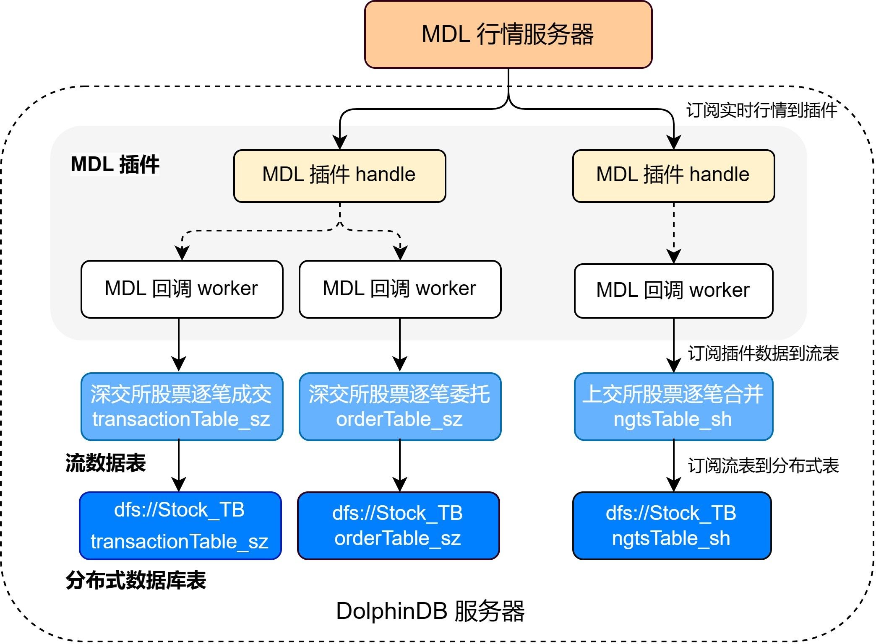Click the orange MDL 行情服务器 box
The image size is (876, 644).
click(508, 34)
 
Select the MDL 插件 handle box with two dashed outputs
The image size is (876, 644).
click(339, 176)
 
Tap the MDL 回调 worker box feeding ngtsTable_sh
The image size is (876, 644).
click(673, 291)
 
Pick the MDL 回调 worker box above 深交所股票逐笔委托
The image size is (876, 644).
click(400, 289)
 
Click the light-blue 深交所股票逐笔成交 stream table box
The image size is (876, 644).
click(182, 406)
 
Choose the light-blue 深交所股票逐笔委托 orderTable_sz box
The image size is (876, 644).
click(400, 406)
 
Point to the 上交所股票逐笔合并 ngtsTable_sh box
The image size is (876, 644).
click(673, 406)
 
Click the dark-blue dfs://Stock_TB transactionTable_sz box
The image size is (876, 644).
click(180, 525)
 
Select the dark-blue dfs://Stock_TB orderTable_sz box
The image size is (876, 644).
click(398, 525)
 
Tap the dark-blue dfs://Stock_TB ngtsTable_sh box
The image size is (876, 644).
click(672, 525)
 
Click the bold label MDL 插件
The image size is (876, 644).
click(115, 164)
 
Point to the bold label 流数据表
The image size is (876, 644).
click(105, 463)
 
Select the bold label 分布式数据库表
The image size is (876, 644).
click(136, 581)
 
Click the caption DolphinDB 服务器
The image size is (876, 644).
click(430, 611)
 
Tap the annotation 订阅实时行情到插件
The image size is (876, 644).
click(761, 110)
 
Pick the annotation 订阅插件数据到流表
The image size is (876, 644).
click(763, 353)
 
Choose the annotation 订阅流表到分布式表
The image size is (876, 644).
click(763, 466)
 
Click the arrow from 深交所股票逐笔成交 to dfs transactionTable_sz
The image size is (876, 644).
click(179, 465)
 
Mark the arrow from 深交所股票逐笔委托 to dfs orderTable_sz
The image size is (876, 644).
click(400, 465)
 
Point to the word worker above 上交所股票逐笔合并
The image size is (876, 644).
click(720, 290)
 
